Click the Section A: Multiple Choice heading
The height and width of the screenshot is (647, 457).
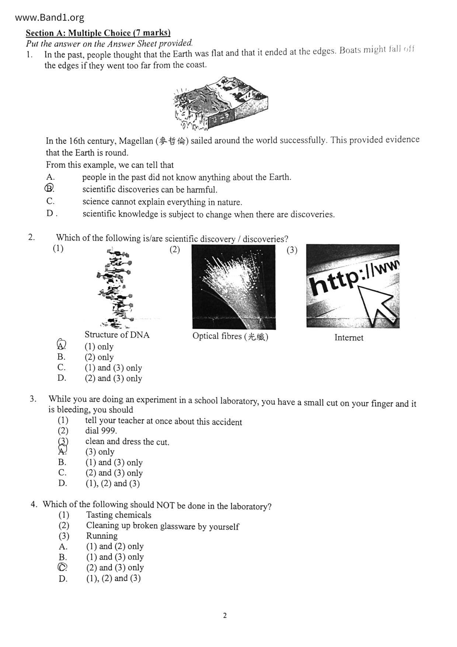pos(98,33)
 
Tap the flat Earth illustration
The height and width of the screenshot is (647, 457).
pos(220,104)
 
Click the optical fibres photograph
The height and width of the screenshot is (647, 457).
pos(234,287)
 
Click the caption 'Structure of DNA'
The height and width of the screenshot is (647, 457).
pos(117,335)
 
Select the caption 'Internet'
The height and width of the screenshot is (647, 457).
pos(349,338)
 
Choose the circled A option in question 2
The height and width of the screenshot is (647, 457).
pos(62,345)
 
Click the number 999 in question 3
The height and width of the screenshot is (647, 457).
pos(110,430)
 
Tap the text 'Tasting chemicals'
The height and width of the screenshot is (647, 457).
pos(119,515)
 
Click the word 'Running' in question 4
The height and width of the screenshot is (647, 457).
pos(102,536)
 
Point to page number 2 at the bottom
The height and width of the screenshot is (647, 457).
pos(225,615)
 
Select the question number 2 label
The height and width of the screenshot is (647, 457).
pos(32,237)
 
